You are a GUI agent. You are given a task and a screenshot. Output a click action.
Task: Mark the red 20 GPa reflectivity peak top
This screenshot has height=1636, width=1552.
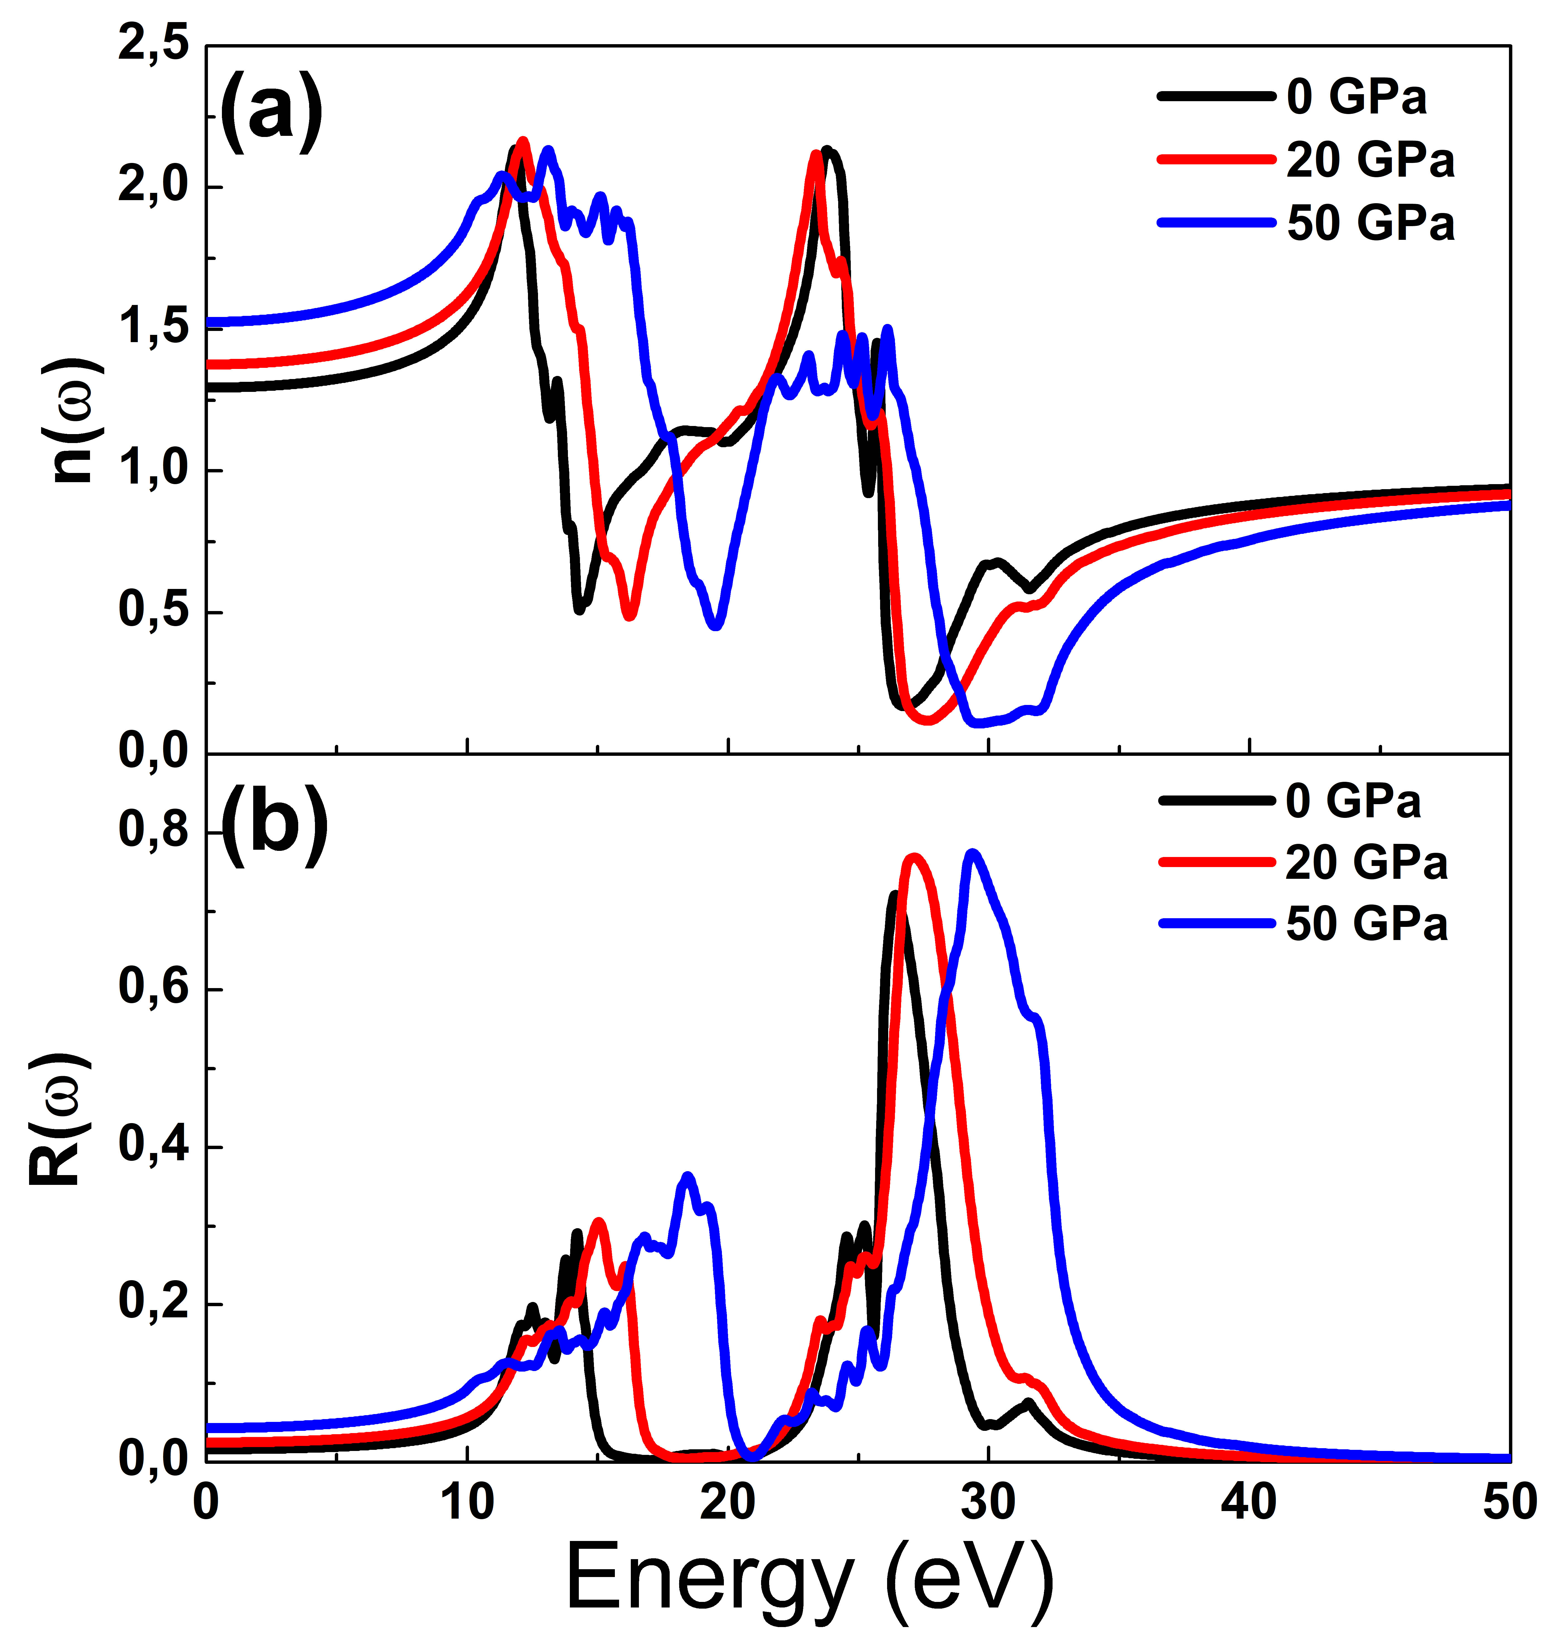tap(913, 857)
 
